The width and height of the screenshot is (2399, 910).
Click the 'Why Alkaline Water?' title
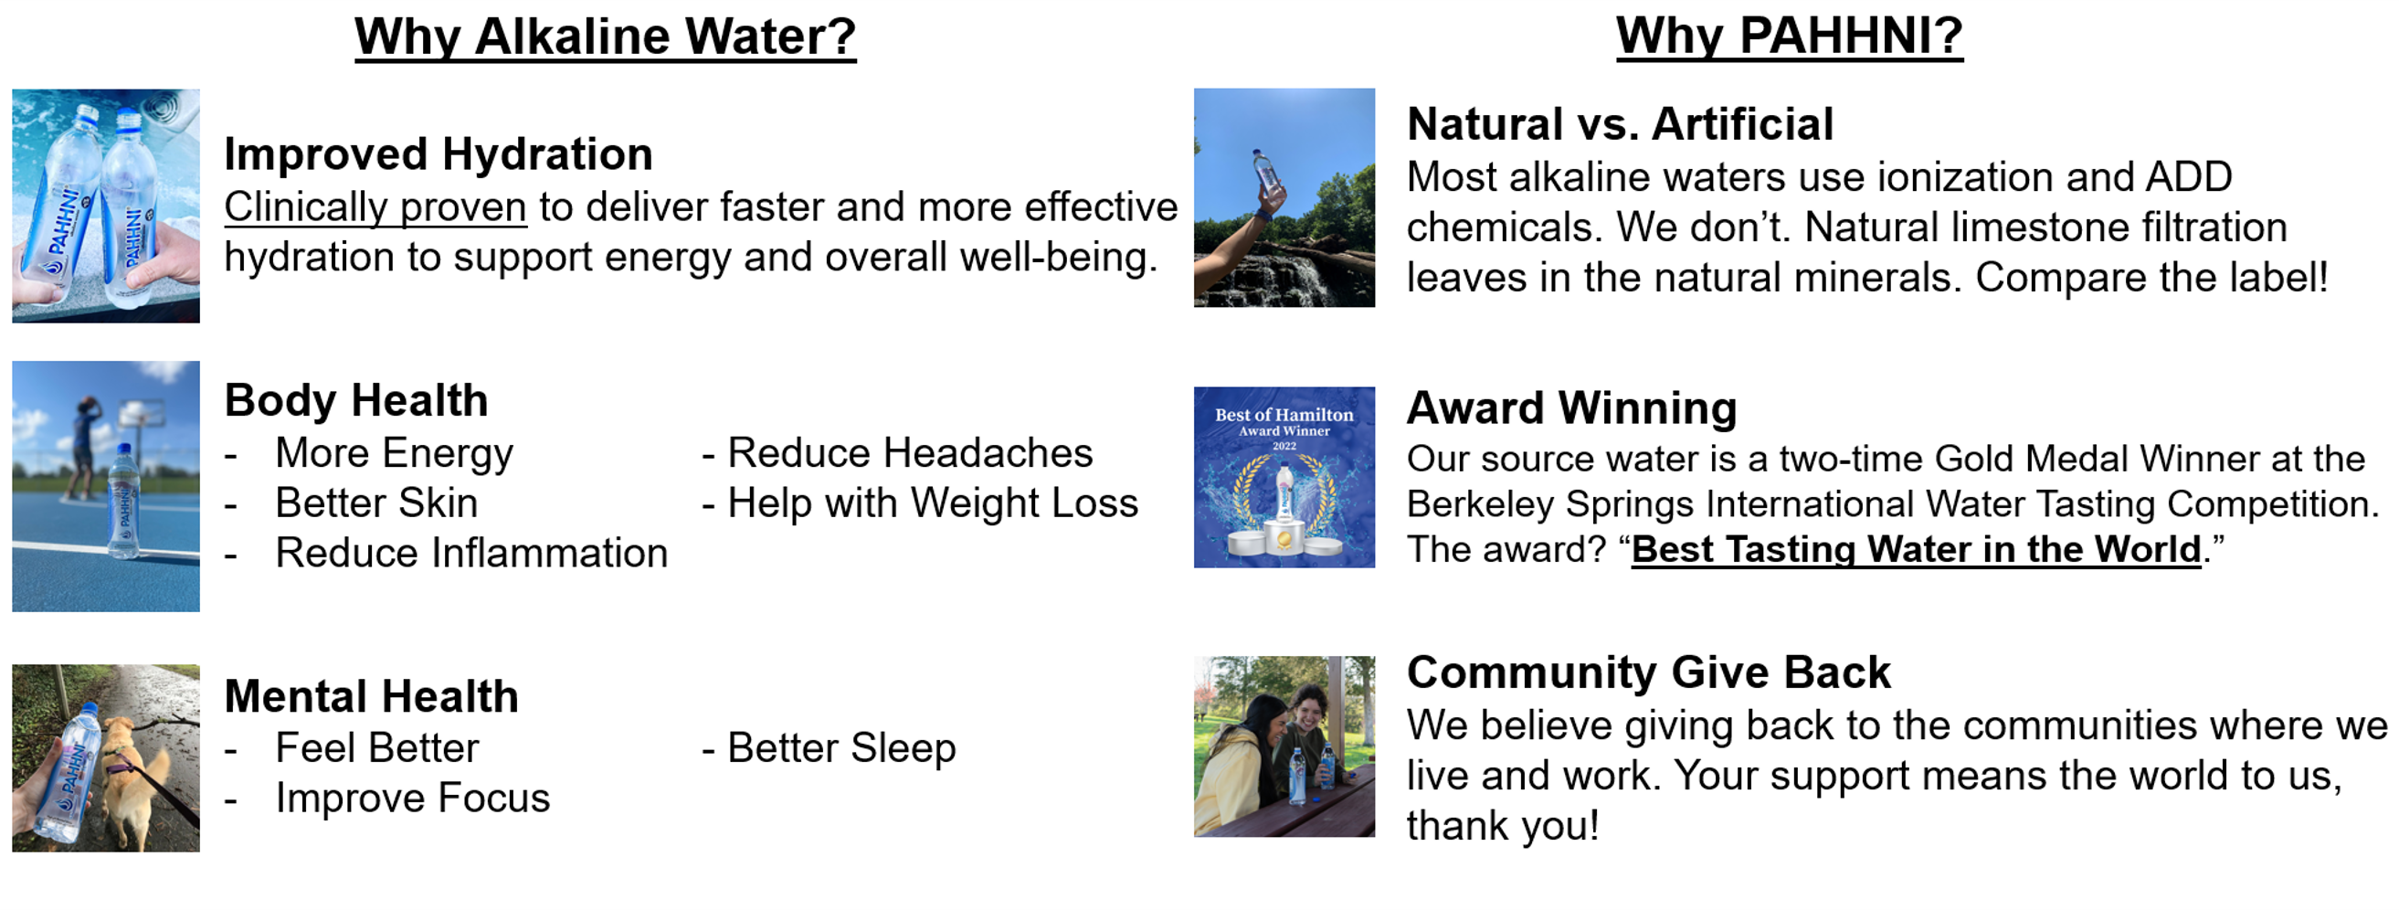pyautogui.click(x=606, y=37)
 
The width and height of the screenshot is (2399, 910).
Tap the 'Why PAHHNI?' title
pyautogui.click(x=1789, y=37)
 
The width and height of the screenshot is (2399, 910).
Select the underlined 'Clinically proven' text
pyautogui.click(x=375, y=207)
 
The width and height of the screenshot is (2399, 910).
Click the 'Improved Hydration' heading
pyautogui.click(x=439, y=153)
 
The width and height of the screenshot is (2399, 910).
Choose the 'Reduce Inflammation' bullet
pyautogui.click(x=471, y=553)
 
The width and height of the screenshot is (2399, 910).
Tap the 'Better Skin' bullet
pyautogui.click(x=376, y=503)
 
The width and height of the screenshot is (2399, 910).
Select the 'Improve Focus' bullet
pyautogui.click(x=413, y=799)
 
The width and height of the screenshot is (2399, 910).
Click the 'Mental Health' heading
pyautogui.click(x=372, y=696)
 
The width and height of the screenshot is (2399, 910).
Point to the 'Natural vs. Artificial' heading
pyautogui.click(x=1621, y=124)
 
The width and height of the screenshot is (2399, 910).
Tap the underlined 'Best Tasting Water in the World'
pyautogui.click(x=1917, y=549)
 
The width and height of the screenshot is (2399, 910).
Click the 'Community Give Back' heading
pyautogui.click(x=1648, y=672)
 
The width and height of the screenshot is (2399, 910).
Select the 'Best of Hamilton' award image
pyautogui.click(x=1284, y=477)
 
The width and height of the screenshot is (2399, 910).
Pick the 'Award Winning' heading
pyautogui.click(x=1572, y=408)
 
